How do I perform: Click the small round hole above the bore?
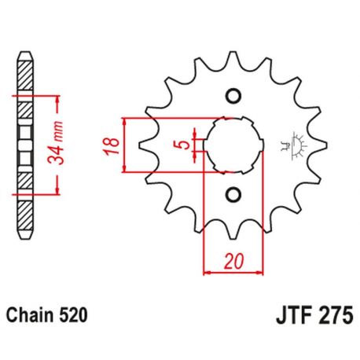coord(232,97)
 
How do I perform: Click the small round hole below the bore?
coord(232,193)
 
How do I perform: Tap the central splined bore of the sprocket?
coord(233,145)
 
